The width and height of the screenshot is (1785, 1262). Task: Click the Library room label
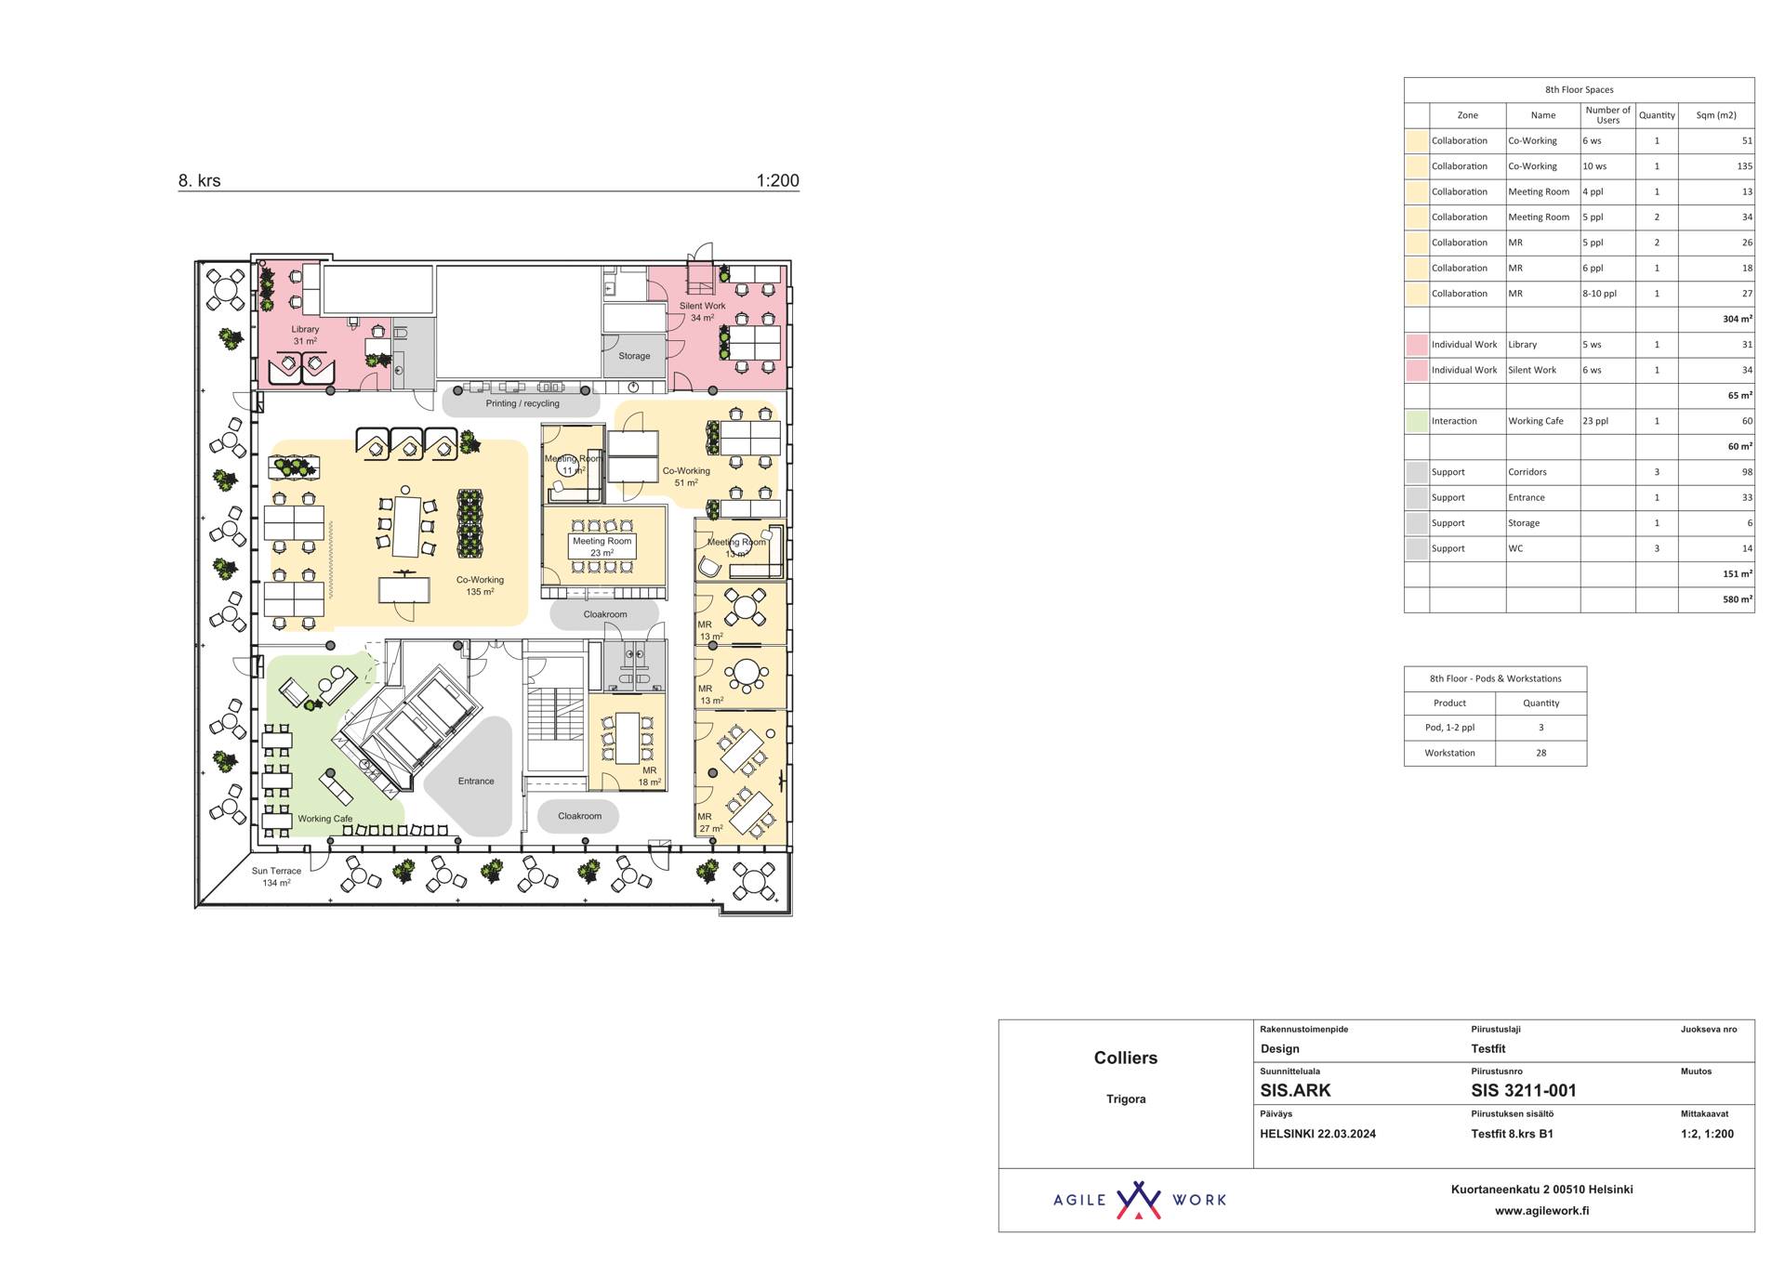305,335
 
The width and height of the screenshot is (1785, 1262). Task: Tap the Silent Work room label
702,311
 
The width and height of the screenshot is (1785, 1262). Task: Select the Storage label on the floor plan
634,356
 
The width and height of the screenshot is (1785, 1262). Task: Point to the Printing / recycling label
522,403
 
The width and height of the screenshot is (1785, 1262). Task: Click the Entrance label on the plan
476,781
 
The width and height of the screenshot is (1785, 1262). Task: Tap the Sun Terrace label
276,876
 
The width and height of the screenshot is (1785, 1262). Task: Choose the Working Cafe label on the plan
324,819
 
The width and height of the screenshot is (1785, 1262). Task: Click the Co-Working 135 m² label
480,585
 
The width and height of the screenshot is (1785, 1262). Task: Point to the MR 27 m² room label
710,822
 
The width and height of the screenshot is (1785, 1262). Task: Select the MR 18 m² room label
649,776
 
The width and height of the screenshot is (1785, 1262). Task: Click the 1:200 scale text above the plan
777,180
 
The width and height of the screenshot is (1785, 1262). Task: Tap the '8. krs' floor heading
199,180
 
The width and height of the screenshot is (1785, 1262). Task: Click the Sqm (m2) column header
1715,115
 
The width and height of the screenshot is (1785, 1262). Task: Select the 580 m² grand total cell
1737,599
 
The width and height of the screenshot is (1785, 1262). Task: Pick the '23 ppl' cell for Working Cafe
1594,421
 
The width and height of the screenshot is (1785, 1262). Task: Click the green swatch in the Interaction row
1416,421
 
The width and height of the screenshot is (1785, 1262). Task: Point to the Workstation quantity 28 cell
1540,753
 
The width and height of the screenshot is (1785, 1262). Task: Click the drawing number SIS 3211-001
1523,1090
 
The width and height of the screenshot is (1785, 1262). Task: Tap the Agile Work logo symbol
1138,1200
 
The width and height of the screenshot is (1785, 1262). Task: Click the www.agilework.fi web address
1541,1211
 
